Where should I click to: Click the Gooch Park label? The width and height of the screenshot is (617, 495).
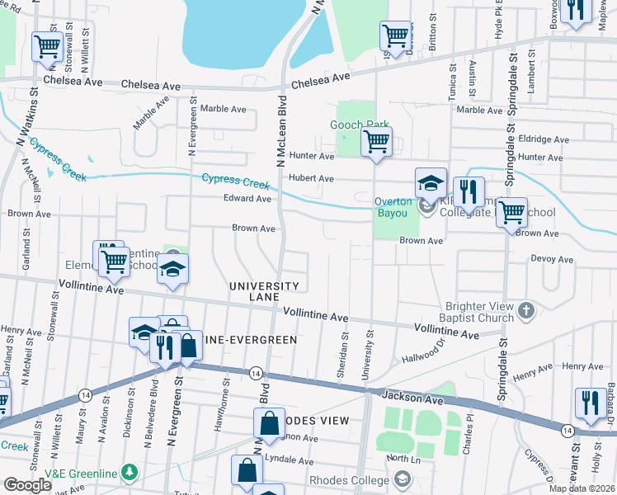[359, 125]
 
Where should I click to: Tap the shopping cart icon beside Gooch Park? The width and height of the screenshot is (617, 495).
[376, 142]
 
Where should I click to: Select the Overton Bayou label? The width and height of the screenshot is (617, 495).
[391, 207]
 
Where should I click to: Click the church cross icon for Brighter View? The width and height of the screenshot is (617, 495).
[526, 311]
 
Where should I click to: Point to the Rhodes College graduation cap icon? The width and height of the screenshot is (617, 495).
[402, 478]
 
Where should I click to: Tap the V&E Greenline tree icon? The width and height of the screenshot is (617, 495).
[129, 472]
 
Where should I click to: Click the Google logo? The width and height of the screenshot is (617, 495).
[27, 484]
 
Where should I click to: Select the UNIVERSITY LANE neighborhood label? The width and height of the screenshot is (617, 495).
[264, 291]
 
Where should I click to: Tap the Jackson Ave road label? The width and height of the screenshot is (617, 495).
[412, 397]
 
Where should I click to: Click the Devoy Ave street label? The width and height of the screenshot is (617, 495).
[552, 258]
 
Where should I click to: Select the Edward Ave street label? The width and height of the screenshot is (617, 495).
[247, 199]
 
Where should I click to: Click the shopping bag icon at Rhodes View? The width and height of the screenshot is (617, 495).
[270, 424]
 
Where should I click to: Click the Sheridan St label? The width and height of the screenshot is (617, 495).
[341, 355]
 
